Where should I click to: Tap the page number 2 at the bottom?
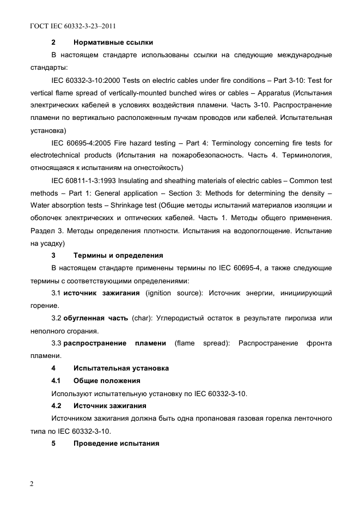pos(32,484)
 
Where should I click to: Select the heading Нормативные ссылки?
pos(113,42)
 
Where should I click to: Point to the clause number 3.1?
pos(56,293)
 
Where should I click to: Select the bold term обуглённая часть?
pos(96,318)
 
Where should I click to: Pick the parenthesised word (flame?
pos(185,343)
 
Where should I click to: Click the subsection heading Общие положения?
pos(107,380)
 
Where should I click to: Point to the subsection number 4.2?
pos(56,405)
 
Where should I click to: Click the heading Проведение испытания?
pos(116,443)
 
